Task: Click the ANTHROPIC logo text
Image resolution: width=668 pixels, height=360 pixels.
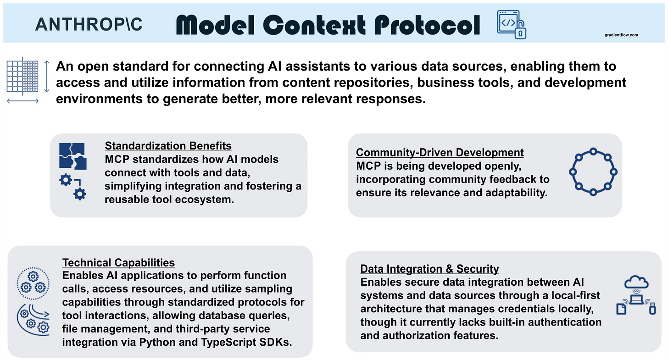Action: coord(89,24)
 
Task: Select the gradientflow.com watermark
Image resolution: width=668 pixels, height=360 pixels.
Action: coord(621,34)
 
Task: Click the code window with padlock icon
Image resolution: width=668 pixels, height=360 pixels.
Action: coord(511,24)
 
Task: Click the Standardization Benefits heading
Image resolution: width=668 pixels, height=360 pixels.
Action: coord(168,146)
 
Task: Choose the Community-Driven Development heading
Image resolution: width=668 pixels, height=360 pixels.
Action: coord(440,152)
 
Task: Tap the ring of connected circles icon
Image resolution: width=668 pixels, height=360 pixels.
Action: coord(593,172)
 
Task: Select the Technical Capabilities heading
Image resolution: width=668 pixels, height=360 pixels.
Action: coord(118,263)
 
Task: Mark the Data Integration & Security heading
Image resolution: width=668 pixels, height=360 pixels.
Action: coord(429,269)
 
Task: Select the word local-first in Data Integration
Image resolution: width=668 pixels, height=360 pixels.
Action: coord(575,295)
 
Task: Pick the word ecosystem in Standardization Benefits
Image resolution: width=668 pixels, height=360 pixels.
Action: coord(209,199)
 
